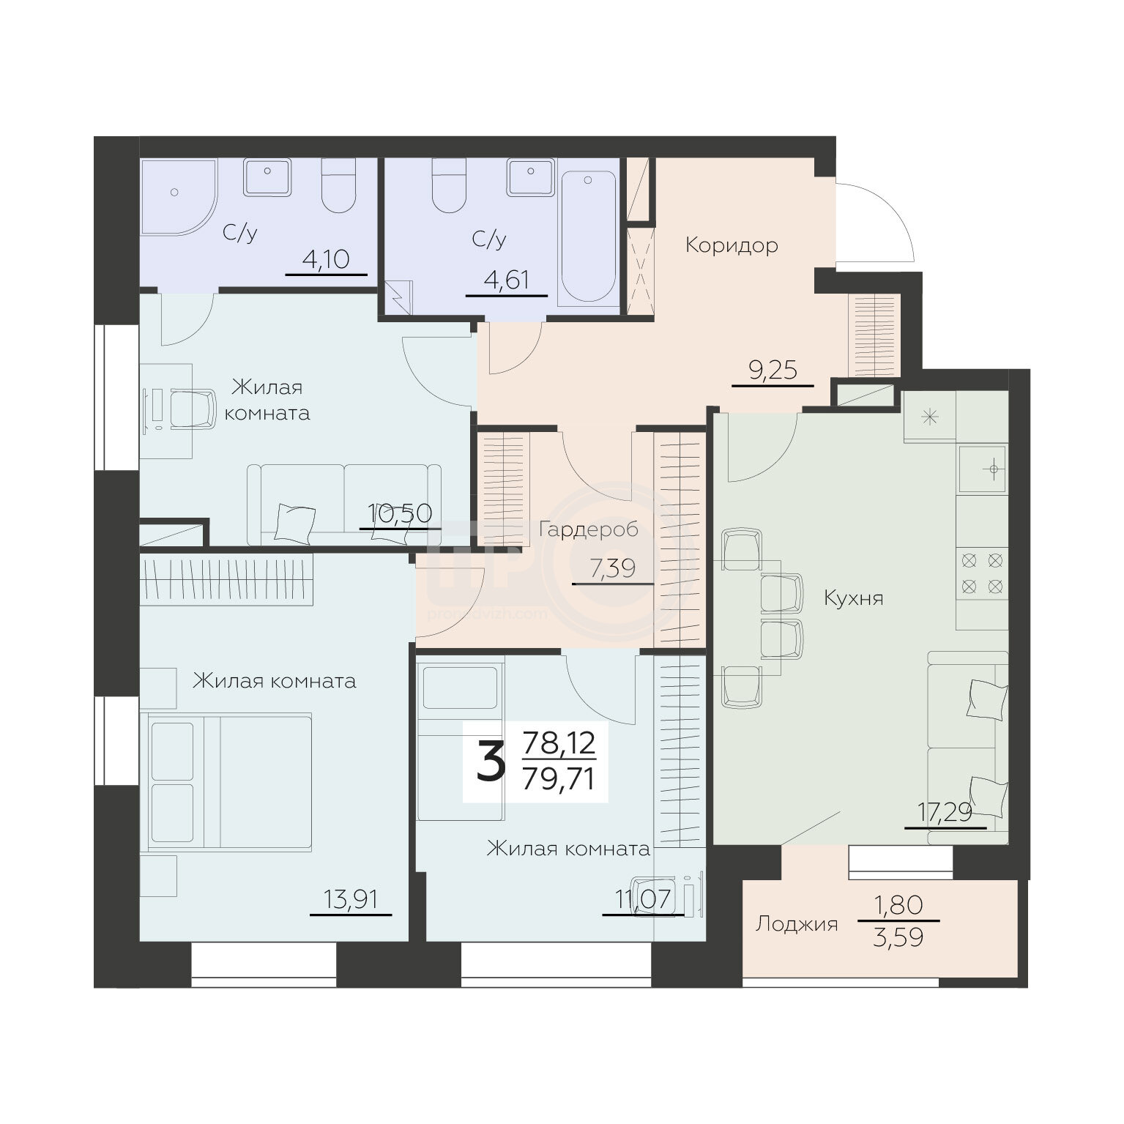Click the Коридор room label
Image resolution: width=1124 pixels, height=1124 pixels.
pyautogui.click(x=731, y=245)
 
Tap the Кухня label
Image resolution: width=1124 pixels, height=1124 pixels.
pyautogui.click(x=853, y=598)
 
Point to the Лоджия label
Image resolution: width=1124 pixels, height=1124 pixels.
pyautogui.click(x=796, y=924)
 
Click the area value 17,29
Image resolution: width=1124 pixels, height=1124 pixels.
pyautogui.click(x=945, y=813)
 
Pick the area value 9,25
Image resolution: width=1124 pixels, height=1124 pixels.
pyautogui.click(x=773, y=371)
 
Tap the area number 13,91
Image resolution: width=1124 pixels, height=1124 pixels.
pyautogui.click(x=351, y=899)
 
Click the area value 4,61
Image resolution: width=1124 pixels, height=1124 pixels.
pyautogui.click(x=506, y=280)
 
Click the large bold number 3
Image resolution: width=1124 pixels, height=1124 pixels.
pyautogui.click(x=491, y=762)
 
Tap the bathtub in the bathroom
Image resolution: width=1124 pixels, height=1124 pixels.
pyautogui.click(x=588, y=238)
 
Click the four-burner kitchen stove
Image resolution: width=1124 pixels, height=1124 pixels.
pyautogui.click(x=982, y=573)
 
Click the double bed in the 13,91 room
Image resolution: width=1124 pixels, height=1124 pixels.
pyautogui.click(x=230, y=781)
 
